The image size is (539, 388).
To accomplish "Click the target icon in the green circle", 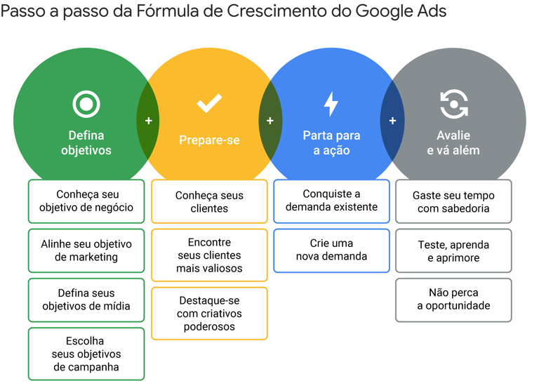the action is pyautogui.click(x=86, y=105).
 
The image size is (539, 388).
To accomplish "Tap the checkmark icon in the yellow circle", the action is pyautogui.click(x=209, y=104).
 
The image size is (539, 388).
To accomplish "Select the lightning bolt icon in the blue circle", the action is pyautogui.click(x=331, y=104).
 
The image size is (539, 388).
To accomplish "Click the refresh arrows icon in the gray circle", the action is pyautogui.click(x=453, y=105).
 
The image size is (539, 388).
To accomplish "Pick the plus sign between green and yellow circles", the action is pyautogui.click(x=148, y=121).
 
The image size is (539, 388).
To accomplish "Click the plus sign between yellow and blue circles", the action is pyautogui.click(x=270, y=121).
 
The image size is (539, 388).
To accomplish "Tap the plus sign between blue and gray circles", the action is pyautogui.click(x=392, y=121).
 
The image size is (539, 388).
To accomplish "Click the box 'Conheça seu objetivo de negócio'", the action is pyautogui.click(x=86, y=201).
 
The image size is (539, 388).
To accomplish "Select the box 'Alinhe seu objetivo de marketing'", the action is pyautogui.click(x=86, y=250).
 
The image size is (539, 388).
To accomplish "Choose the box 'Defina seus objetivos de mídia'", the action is pyautogui.click(x=86, y=300).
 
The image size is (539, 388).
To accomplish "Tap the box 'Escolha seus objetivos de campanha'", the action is pyautogui.click(x=86, y=354).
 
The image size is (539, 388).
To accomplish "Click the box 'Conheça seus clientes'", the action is pyautogui.click(x=209, y=201).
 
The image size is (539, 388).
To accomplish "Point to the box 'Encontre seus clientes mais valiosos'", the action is pyautogui.click(x=209, y=255).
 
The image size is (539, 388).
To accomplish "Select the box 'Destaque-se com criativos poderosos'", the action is pyautogui.click(x=209, y=313).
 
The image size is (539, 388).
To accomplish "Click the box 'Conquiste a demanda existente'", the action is pyautogui.click(x=331, y=201).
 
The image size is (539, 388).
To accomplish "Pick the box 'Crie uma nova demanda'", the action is pyautogui.click(x=331, y=250).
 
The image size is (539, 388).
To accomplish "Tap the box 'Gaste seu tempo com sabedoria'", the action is pyautogui.click(x=453, y=201).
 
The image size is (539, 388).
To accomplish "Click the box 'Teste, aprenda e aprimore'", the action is pyautogui.click(x=453, y=251).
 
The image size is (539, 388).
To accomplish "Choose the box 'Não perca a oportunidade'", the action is pyautogui.click(x=453, y=300).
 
